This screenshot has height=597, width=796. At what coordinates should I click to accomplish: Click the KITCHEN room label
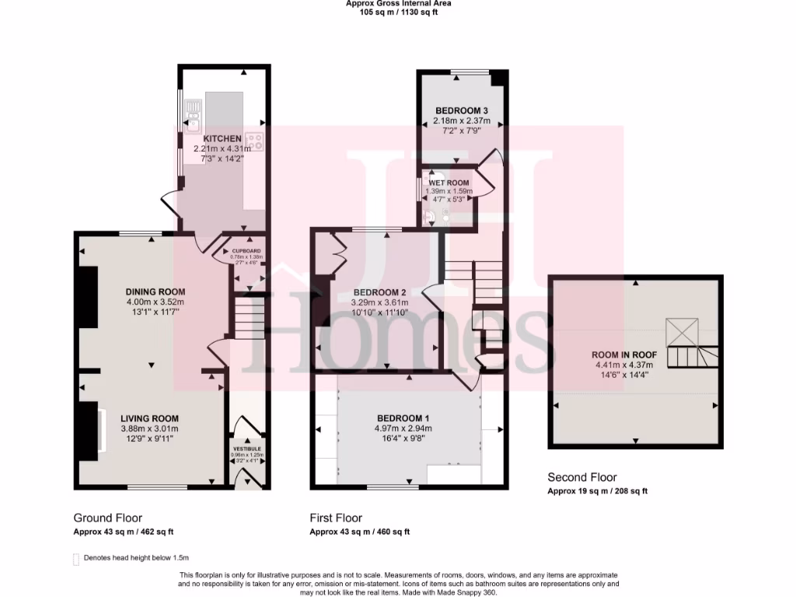(222, 138)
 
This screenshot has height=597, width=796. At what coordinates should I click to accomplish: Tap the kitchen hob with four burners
(257, 141)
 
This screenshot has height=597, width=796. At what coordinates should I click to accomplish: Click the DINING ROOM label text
(155, 292)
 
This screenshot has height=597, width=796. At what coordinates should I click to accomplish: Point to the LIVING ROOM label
(150, 418)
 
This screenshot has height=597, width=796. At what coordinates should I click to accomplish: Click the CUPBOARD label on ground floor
(246, 251)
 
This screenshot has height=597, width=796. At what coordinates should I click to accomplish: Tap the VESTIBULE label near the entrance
(247, 449)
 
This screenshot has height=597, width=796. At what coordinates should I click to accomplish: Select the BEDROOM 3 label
(462, 110)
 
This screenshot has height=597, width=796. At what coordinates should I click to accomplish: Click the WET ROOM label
(449, 183)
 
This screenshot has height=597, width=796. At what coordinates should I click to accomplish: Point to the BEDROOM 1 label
(403, 418)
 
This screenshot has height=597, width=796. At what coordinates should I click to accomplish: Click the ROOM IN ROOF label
(624, 354)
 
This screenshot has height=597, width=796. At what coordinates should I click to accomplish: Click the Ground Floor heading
(108, 518)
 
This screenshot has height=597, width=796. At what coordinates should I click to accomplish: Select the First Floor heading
(336, 518)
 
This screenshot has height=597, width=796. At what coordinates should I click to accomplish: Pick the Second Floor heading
(582, 477)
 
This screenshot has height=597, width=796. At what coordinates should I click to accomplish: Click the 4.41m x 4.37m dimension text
(624, 365)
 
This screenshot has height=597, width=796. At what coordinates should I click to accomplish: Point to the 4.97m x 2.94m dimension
(403, 428)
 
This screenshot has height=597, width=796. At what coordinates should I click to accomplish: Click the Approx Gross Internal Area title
(398, 3)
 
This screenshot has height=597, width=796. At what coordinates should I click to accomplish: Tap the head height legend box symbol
(75, 558)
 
